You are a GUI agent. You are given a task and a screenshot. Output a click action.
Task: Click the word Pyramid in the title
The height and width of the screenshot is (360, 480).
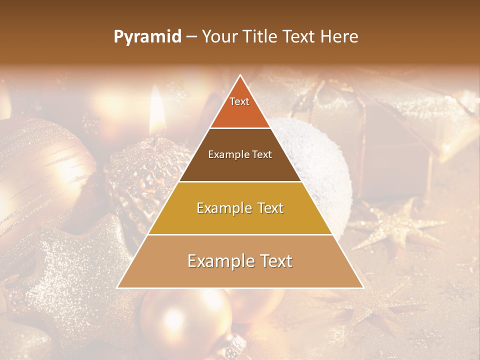point(147,37)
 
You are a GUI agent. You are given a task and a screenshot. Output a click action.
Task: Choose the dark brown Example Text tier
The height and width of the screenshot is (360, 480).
point(240,155)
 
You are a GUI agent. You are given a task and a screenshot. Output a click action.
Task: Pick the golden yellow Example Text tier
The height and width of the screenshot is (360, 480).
point(240,208)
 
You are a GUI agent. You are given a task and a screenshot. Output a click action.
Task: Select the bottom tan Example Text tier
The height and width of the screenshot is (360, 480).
point(240,261)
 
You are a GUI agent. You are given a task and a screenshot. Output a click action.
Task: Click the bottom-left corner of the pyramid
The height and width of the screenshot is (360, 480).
point(118,287)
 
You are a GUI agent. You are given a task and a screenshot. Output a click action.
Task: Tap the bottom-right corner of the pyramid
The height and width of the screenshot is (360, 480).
point(363,287)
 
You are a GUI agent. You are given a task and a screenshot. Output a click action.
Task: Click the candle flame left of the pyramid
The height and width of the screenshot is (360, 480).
point(157,107)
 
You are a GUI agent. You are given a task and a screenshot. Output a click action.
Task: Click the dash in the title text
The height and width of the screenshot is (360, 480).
point(191,37)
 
